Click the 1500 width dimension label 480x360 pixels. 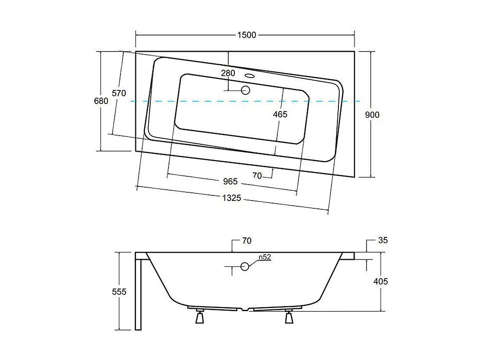(x=246, y=35)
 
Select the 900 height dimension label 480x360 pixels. (x=372, y=115)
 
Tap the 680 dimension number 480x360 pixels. (x=101, y=101)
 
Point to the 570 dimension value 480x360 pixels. (x=118, y=93)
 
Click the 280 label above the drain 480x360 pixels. (x=228, y=73)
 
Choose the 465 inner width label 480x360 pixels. (x=280, y=114)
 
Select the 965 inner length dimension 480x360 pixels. (x=230, y=181)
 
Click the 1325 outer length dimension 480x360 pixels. (x=231, y=198)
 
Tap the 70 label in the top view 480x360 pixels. (x=257, y=175)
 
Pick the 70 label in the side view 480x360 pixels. (x=246, y=241)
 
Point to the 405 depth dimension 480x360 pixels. (x=380, y=282)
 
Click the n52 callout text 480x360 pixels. (x=265, y=257)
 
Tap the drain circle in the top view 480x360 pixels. (x=246, y=90)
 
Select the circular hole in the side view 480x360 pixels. (x=245, y=266)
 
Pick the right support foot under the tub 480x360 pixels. (x=289, y=317)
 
